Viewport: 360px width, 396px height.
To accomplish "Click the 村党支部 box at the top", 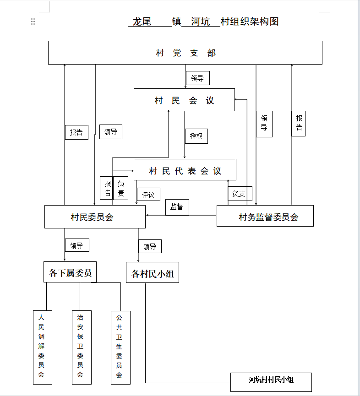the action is click(185, 53).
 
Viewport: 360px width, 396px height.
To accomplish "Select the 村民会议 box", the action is click(184, 100).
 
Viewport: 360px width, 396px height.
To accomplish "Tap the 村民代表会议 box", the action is click(185, 170).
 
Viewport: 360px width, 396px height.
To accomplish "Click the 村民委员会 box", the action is click(95, 217).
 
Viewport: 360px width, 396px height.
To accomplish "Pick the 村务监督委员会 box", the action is click(265, 216).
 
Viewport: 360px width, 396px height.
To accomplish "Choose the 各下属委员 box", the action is click(70, 272).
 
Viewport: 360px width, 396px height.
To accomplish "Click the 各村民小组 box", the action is click(153, 272).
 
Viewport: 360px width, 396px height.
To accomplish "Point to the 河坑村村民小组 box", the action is click(271, 382).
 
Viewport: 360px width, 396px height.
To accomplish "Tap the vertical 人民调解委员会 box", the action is click(43, 347).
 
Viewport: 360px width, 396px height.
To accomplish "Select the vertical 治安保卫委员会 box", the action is click(82, 347).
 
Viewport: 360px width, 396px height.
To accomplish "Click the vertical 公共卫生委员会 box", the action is click(120, 348).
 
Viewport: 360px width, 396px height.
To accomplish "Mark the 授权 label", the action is click(196, 136).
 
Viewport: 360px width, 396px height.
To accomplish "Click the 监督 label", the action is click(177, 207).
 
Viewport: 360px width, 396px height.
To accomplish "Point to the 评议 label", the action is click(148, 195).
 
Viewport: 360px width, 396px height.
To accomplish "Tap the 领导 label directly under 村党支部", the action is click(197, 78).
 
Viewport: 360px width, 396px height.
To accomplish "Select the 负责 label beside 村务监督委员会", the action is click(240, 194).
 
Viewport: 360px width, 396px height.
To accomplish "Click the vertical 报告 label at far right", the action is click(298, 124).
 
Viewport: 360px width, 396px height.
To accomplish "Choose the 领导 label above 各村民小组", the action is click(150, 246).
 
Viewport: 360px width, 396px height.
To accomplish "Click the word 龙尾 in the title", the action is click(142, 22).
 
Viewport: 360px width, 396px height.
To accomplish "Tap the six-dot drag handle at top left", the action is click(33, 22).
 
